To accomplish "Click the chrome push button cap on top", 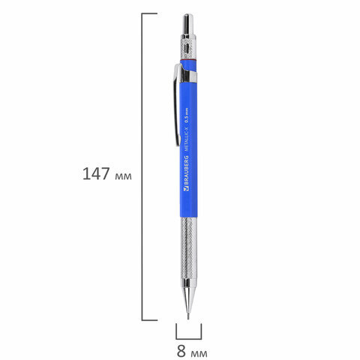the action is pyautogui.click(x=188, y=24).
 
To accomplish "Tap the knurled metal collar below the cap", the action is pyautogui.click(x=188, y=47).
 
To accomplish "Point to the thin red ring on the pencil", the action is pyautogui.click(x=188, y=60).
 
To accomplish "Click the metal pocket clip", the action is pyautogui.click(x=177, y=105).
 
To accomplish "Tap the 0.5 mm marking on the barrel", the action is pyautogui.click(x=186, y=115).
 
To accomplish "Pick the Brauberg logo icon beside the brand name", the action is pyautogui.click(x=186, y=189).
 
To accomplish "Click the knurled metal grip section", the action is pyautogui.click(x=188, y=248).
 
